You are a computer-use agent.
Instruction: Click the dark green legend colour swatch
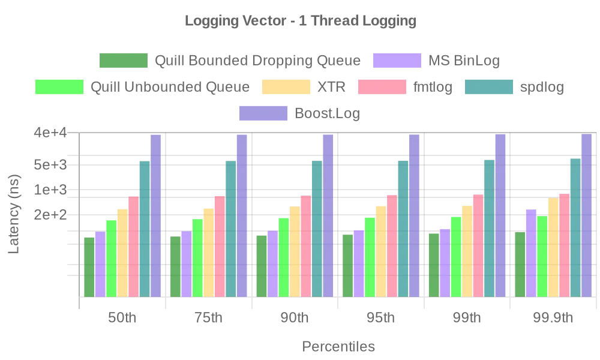[x=122, y=61]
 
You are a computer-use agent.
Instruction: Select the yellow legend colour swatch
[x=286, y=87]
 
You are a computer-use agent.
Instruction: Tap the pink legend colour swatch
[x=382, y=87]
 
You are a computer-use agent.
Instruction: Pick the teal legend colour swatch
[x=488, y=87]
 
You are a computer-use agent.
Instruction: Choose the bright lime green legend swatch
[x=59, y=87]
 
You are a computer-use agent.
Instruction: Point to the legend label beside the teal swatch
[x=542, y=88]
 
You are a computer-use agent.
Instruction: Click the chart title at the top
[x=299, y=22]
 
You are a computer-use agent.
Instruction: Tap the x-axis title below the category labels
[x=340, y=347]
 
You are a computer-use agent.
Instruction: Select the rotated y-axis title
[x=13, y=213]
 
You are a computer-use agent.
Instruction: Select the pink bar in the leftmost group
[x=133, y=246]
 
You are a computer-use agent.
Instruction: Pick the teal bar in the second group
[x=231, y=228]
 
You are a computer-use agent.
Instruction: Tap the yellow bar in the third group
[x=295, y=251]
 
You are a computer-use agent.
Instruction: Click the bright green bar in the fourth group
[x=370, y=256]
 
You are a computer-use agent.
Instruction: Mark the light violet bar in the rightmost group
[x=530, y=251]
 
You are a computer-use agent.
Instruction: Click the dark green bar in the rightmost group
[x=520, y=264]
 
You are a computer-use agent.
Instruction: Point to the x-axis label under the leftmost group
[x=122, y=319]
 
